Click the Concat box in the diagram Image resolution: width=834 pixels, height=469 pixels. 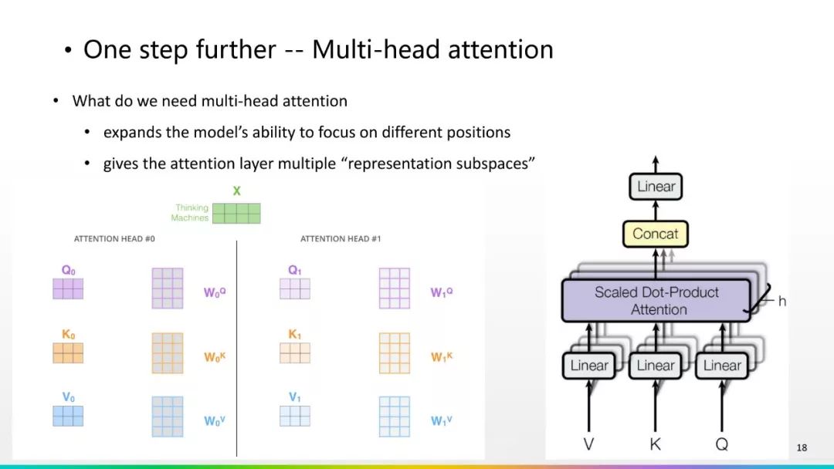pyautogui.click(x=655, y=234)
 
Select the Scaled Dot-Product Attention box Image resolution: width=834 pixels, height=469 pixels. pyautogui.click(x=656, y=301)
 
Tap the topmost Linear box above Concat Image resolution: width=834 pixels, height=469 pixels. pyautogui.click(x=656, y=187)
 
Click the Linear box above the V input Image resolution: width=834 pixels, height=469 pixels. pyautogui.click(x=588, y=366)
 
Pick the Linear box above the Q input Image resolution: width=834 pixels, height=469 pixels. pyautogui.click(x=722, y=366)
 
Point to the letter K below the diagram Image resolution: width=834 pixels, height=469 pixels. pyautogui.click(x=655, y=444)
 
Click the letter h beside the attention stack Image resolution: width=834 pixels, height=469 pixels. pyautogui.click(x=781, y=302)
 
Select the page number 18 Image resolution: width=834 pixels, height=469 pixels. pyautogui.click(x=802, y=447)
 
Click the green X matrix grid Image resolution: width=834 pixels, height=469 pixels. pyautogui.click(x=236, y=213)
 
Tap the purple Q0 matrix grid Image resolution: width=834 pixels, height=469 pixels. pyautogui.click(x=68, y=288)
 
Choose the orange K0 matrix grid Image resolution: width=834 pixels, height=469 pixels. pyautogui.click(x=68, y=353)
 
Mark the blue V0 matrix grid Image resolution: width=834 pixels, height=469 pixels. pyautogui.click(x=68, y=416)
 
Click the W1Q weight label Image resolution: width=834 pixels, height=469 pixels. pyautogui.click(x=442, y=293)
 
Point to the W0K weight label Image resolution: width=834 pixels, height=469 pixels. pyautogui.click(x=215, y=357)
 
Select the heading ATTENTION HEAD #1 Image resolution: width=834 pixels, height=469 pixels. pyautogui.click(x=341, y=239)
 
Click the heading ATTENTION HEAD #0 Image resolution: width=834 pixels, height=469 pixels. pyautogui.click(x=114, y=239)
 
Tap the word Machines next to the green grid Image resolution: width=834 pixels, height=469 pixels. pyautogui.click(x=190, y=218)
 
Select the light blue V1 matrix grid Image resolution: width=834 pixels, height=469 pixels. pyautogui.click(x=295, y=416)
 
